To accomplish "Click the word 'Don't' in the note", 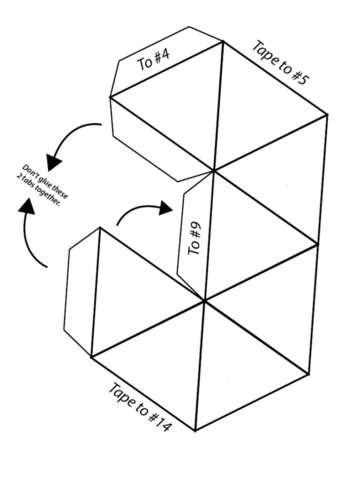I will point(29,170).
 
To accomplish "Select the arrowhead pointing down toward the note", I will point(54,162).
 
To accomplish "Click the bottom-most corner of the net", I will point(195,430).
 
